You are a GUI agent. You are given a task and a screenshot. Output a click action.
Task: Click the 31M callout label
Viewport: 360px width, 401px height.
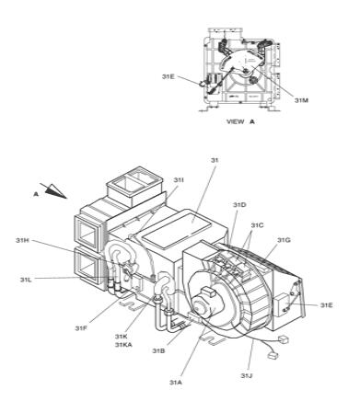pyautogui.click(x=301, y=100)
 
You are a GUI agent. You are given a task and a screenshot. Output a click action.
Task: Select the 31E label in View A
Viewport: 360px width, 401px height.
pyautogui.click(x=168, y=76)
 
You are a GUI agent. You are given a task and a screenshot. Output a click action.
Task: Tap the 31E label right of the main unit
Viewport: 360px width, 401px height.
pyautogui.click(x=327, y=305)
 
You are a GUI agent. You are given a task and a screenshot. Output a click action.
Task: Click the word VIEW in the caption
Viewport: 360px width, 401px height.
pyautogui.click(x=236, y=121)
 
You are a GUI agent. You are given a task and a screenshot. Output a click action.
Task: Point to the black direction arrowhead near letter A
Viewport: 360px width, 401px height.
pyautogui.click(x=55, y=190)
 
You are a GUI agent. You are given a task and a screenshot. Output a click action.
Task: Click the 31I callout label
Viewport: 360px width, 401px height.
pyautogui.click(x=179, y=180)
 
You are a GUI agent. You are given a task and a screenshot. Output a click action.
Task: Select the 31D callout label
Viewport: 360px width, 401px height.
pyautogui.click(x=239, y=205)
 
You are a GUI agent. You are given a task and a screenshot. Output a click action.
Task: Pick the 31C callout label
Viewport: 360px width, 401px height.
pyautogui.click(x=257, y=225)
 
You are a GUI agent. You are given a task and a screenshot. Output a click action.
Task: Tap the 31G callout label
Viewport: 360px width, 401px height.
pyautogui.click(x=284, y=240)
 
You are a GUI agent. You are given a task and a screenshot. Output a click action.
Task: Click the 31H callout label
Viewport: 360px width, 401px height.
pyautogui.click(x=22, y=240)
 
